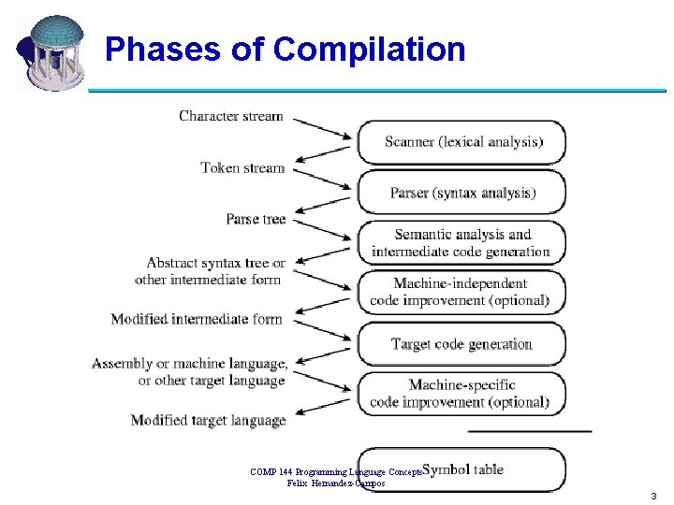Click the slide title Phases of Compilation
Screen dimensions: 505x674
pyautogui.click(x=285, y=49)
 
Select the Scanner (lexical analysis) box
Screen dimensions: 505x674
pyautogui.click(x=462, y=142)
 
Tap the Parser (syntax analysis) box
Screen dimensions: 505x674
pyautogui.click(x=462, y=193)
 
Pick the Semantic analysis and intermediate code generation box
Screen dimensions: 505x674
pyautogui.click(x=462, y=243)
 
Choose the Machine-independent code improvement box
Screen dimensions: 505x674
pyautogui.click(x=462, y=293)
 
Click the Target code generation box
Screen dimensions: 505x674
pyautogui.click(x=462, y=344)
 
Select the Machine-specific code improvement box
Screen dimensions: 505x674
pyautogui.click(x=462, y=394)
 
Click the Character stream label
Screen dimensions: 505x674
pyautogui.click(x=230, y=116)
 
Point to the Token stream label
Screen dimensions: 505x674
pyautogui.click(x=242, y=168)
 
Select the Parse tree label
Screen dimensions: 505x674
pyautogui.click(x=256, y=219)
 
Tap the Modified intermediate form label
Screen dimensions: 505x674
pyautogui.click(x=197, y=319)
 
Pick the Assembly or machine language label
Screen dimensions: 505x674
pyautogui.click(x=190, y=371)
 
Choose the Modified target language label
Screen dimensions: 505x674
pyautogui.click(x=208, y=421)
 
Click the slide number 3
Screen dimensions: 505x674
pyautogui.click(x=652, y=495)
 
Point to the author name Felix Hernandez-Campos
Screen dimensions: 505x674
pyautogui.click(x=335, y=483)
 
